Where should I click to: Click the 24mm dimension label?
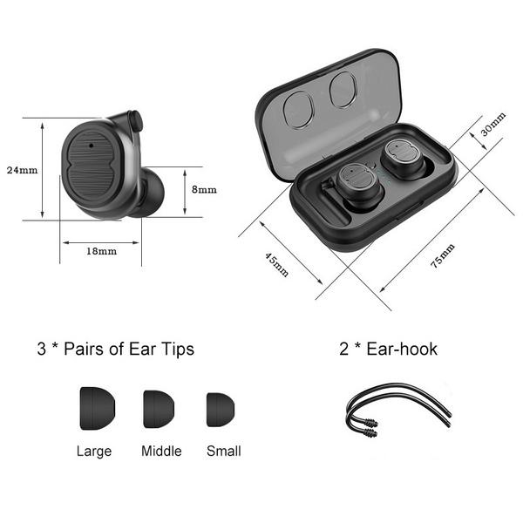(x=21, y=169)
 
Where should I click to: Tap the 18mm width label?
(x=101, y=251)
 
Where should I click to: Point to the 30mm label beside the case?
(x=492, y=128)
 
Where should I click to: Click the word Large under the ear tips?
(x=93, y=451)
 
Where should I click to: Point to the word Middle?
(x=161, y=451)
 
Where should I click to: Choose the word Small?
(x=224, y=451)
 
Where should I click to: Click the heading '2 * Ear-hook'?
(x=388, y=350)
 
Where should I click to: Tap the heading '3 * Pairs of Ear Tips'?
(x=115, y=350)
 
